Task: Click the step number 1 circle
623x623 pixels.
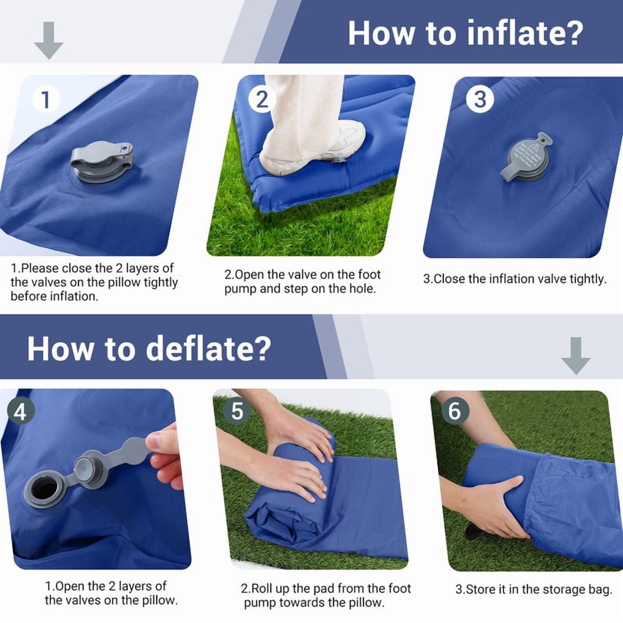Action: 46,100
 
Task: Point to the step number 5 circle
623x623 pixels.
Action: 237,411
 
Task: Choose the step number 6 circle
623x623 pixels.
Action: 454,411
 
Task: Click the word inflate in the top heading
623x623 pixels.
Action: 525,33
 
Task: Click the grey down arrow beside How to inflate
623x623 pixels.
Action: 48,40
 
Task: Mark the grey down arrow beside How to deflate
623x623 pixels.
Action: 575,356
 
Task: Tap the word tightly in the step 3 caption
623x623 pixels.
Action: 588,279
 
